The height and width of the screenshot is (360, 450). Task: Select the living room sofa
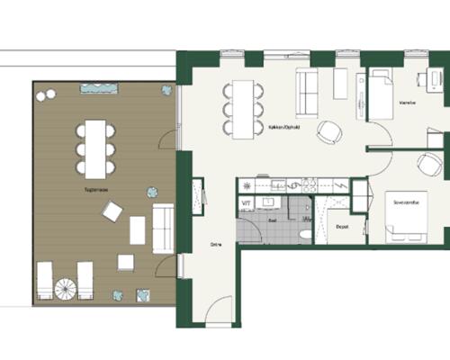309,90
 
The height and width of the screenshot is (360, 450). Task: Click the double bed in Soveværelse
407,216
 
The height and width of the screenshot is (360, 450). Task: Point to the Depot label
341,229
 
